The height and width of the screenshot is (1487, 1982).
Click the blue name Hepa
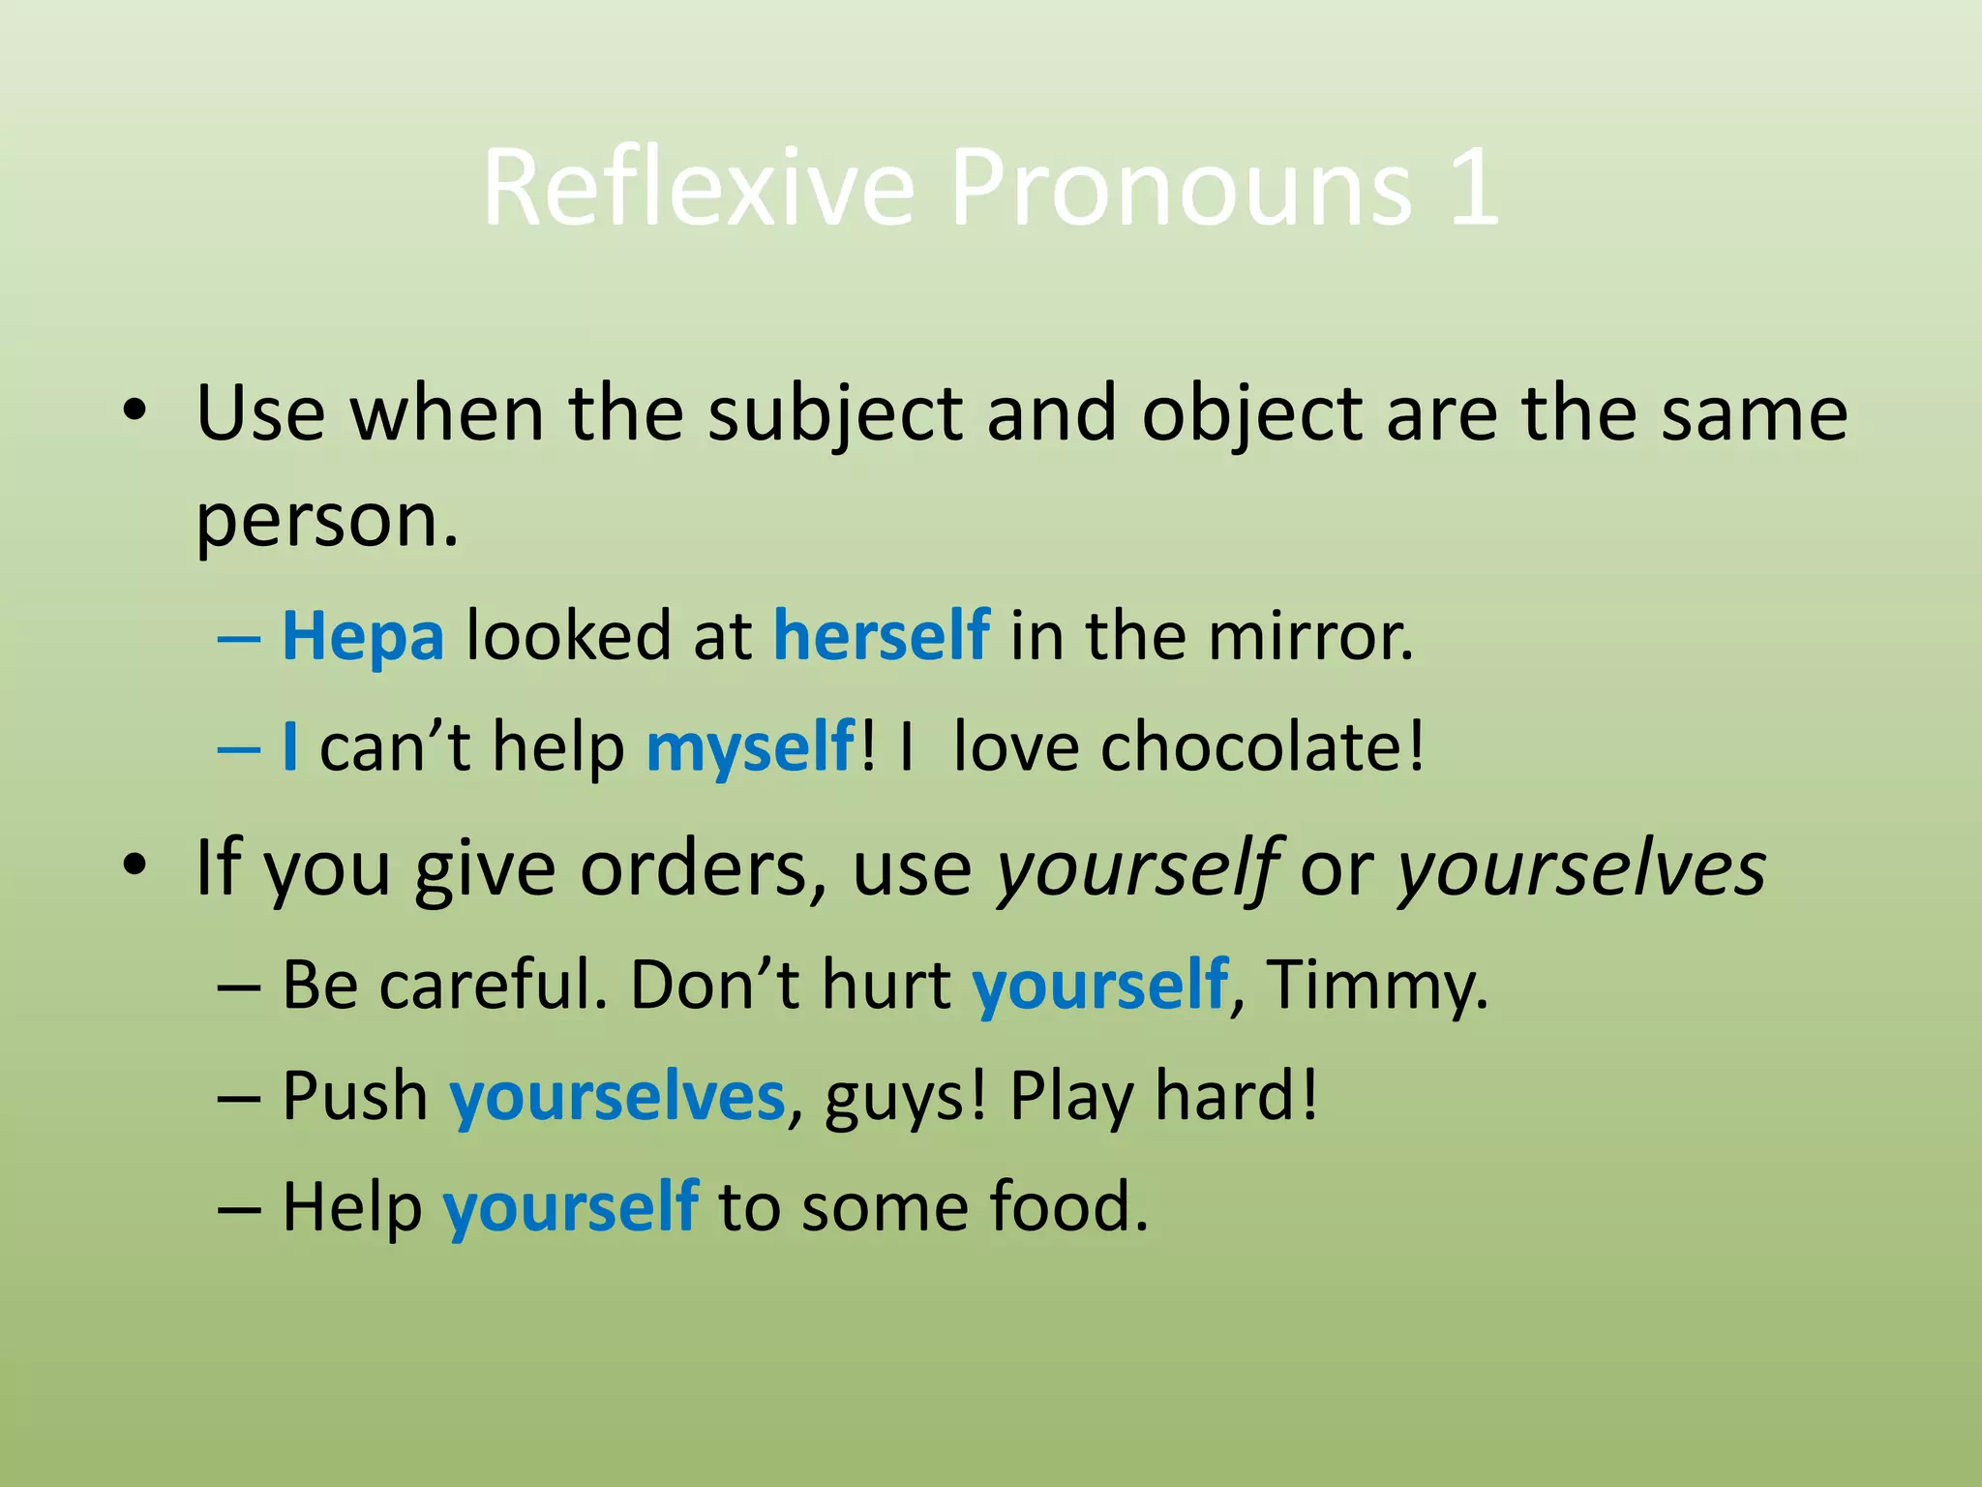[x=363, y=638]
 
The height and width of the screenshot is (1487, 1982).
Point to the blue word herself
[x=882, y=636]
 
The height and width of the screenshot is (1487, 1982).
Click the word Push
[x=354, y=1097]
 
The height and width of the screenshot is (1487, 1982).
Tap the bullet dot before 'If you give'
[x=135, y=864]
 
